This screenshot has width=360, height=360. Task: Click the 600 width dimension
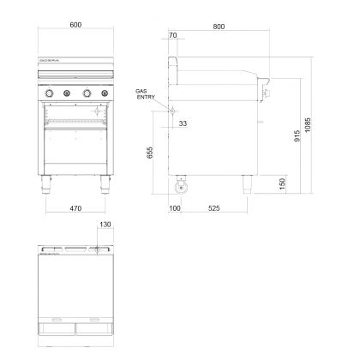pyautogui.click(x=75, y=25)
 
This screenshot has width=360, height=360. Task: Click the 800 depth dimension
pyautogui.click(x=219, y=27)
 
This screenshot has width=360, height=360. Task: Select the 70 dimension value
pyautogui.click(x=173, y=35)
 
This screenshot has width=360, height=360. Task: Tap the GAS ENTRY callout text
pyautogui.click(x=145, y=94)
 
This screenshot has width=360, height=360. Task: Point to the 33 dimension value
pyautogui.click(x=183, y=123)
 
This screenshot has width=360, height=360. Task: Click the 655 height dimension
pyautogui.click(x=150, y=153)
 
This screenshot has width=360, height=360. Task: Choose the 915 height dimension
pyautogui.click(x=297, y=136)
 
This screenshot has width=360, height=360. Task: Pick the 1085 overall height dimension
pyautogui.click(x=308, y=125)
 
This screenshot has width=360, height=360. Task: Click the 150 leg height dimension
pyautogui.click(x=282, y=184)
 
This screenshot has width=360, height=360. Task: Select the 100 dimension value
pyautogui.click(x=175, y=208)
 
